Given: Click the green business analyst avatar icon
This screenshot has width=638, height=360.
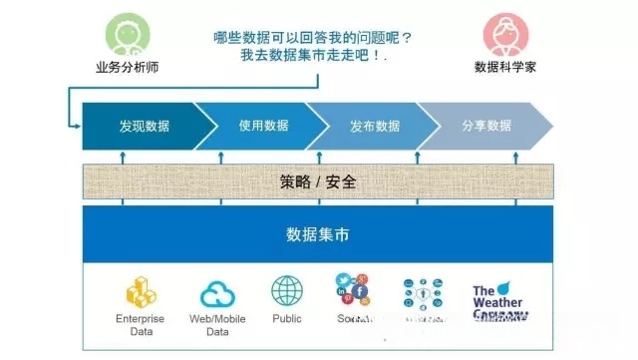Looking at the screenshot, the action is pos(129,37).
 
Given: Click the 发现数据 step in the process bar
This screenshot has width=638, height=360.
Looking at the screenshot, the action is pos(144,126).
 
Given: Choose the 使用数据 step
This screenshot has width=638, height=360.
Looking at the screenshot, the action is pos(263,126).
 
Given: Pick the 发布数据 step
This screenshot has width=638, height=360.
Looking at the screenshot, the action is pos(375,126).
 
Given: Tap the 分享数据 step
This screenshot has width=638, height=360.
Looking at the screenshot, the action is pos(486,126).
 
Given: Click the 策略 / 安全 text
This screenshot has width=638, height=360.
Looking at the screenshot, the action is pos(318,182).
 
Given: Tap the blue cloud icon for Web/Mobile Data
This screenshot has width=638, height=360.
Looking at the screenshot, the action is pos(217,294).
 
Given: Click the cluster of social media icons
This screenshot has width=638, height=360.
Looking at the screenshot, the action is pos(353,290).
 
